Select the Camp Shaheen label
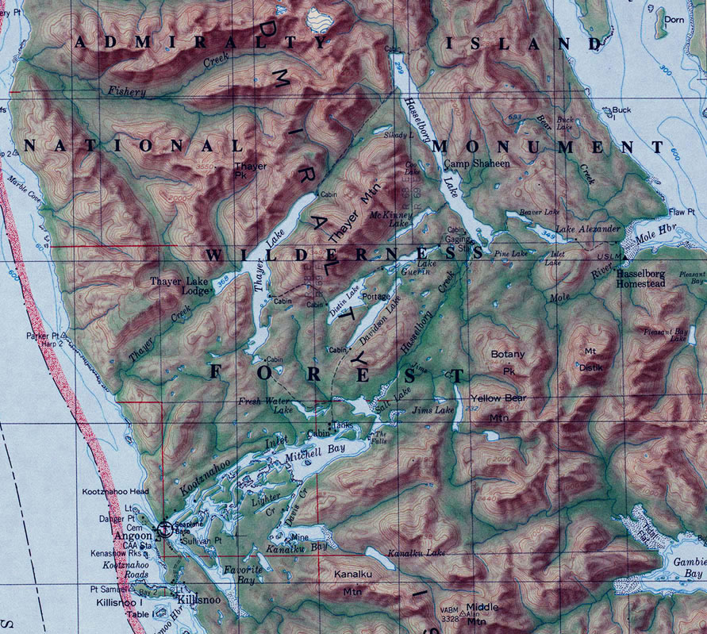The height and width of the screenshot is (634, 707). click(x=475, y=163)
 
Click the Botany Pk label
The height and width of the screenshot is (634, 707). click(x=508, y=361)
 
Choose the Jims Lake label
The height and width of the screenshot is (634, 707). click(x=433, y=411)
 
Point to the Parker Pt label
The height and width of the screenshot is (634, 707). click(x=43, y=336)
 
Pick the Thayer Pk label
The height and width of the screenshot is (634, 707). click(x=251, y=171)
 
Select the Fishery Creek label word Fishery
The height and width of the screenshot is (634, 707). click(x=128, y=93)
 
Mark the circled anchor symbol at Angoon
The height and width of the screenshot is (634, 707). click(x=165, y=528)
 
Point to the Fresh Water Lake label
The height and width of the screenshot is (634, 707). click(x=267, y=405)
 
